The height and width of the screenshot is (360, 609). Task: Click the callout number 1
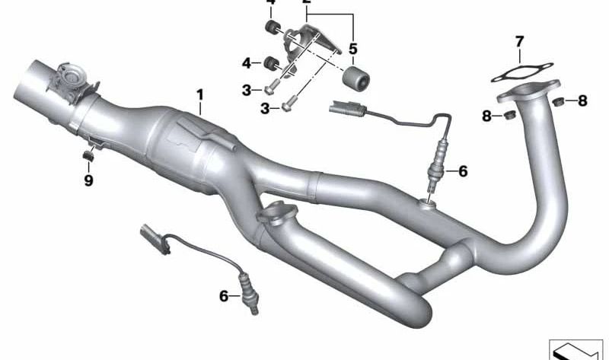point(199,95)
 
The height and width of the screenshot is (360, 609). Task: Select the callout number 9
point(88,180)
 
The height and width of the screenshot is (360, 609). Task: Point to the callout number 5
point(353,49)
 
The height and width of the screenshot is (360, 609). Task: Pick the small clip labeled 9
point(88,156)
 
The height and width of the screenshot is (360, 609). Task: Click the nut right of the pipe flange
point(557,101)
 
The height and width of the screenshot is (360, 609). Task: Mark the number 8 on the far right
point(582,100)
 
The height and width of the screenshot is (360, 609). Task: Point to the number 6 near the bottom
point(224,296)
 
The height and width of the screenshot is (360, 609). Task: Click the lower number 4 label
point(247,62)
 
